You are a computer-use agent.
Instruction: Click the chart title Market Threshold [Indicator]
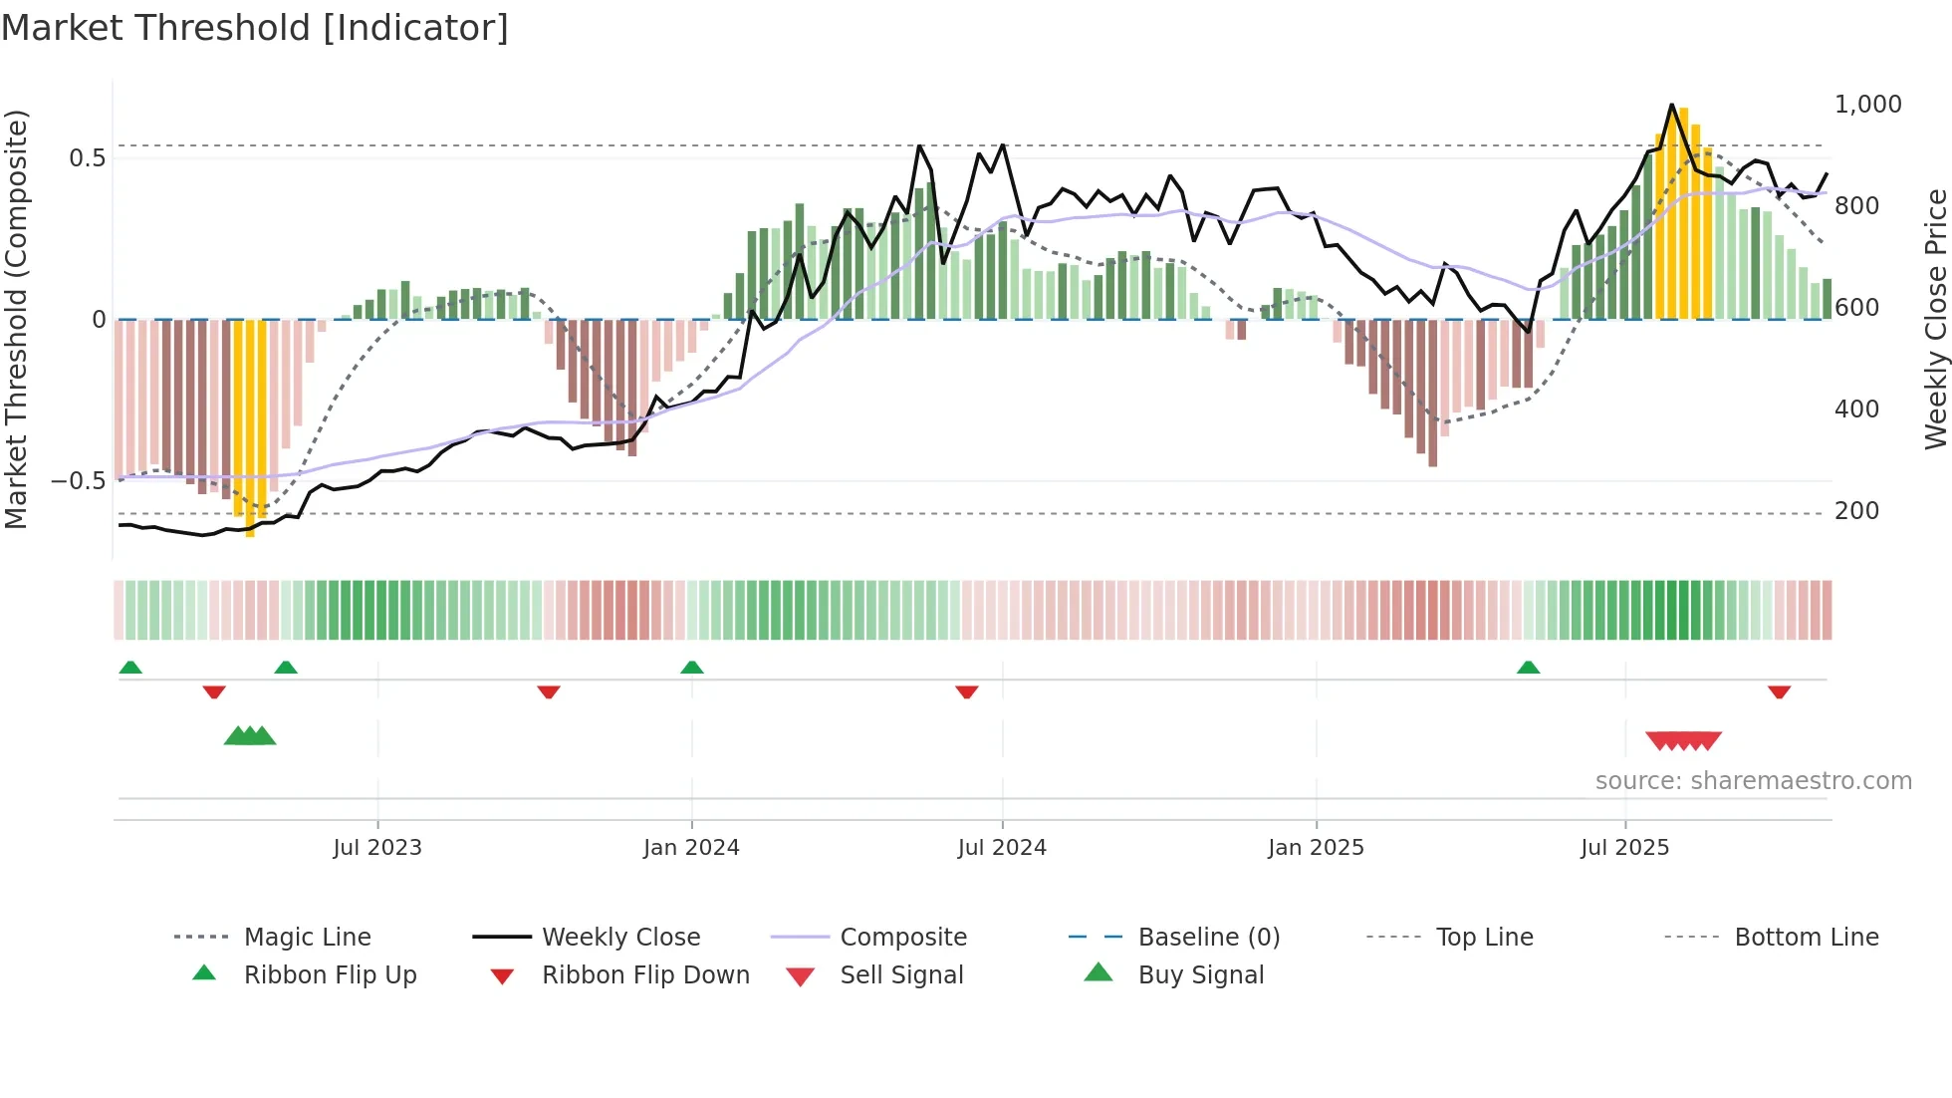(255, 28)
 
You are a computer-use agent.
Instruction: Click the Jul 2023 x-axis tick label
(377, 848)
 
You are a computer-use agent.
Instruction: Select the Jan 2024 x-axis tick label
(691, 848)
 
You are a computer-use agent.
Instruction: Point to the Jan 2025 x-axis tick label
(1316, 848)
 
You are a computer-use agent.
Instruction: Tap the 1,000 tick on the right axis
(1867, 105)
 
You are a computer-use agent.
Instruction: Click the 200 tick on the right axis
(1856, 511)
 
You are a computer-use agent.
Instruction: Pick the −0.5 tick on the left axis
(78, 481)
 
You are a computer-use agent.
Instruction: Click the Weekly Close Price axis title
(1934, 319)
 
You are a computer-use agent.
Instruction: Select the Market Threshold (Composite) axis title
(16, 319)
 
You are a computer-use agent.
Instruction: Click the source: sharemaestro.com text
(1753, 781)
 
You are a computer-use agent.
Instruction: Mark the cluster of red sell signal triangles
(1683, 740)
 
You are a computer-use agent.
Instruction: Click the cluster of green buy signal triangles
(250, 736)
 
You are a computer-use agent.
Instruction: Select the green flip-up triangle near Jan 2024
(692, 668)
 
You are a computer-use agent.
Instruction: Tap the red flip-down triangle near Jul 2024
(966, 691)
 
